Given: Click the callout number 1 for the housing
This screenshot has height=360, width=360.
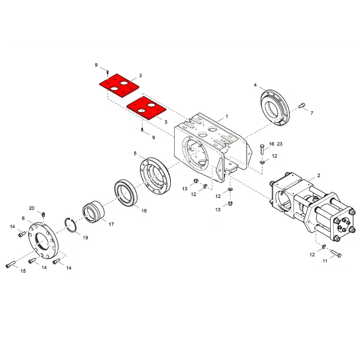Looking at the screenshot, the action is click(x=227, y=116).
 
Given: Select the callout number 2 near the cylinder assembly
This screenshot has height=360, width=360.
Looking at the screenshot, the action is click(x=319, y=175).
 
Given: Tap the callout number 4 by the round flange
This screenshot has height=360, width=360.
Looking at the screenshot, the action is click(x=255, y=85).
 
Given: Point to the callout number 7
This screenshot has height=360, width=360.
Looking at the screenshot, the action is click(x=312, y=113).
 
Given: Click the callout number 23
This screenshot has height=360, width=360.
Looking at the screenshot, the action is click(x=279, y=143).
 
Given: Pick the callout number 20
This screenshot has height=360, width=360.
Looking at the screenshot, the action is click(x=32, y=208).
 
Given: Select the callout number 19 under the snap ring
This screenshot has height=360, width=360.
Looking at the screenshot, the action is click(x=85, y=238).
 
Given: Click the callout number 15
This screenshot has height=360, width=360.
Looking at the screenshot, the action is click(x=23, y=271).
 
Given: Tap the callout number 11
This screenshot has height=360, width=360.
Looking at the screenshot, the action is click(x=325, y=261).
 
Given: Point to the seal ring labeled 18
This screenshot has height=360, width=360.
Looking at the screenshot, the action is click(x=125, y=193).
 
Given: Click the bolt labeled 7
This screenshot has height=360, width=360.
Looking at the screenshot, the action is click(x=302, y=105).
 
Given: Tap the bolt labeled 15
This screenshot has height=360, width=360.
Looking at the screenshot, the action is click(x=10, y=264).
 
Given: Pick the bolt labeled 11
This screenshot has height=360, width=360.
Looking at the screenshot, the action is click(x=336, y=253).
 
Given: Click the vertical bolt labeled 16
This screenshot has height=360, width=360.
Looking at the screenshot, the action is click(x=263, y=150).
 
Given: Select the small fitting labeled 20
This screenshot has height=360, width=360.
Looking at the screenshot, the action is click(x=43, y=214).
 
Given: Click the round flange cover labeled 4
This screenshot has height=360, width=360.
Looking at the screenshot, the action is click(x=275, y=107).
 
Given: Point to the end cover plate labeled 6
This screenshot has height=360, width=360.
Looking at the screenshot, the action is click(x=43, y=241).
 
